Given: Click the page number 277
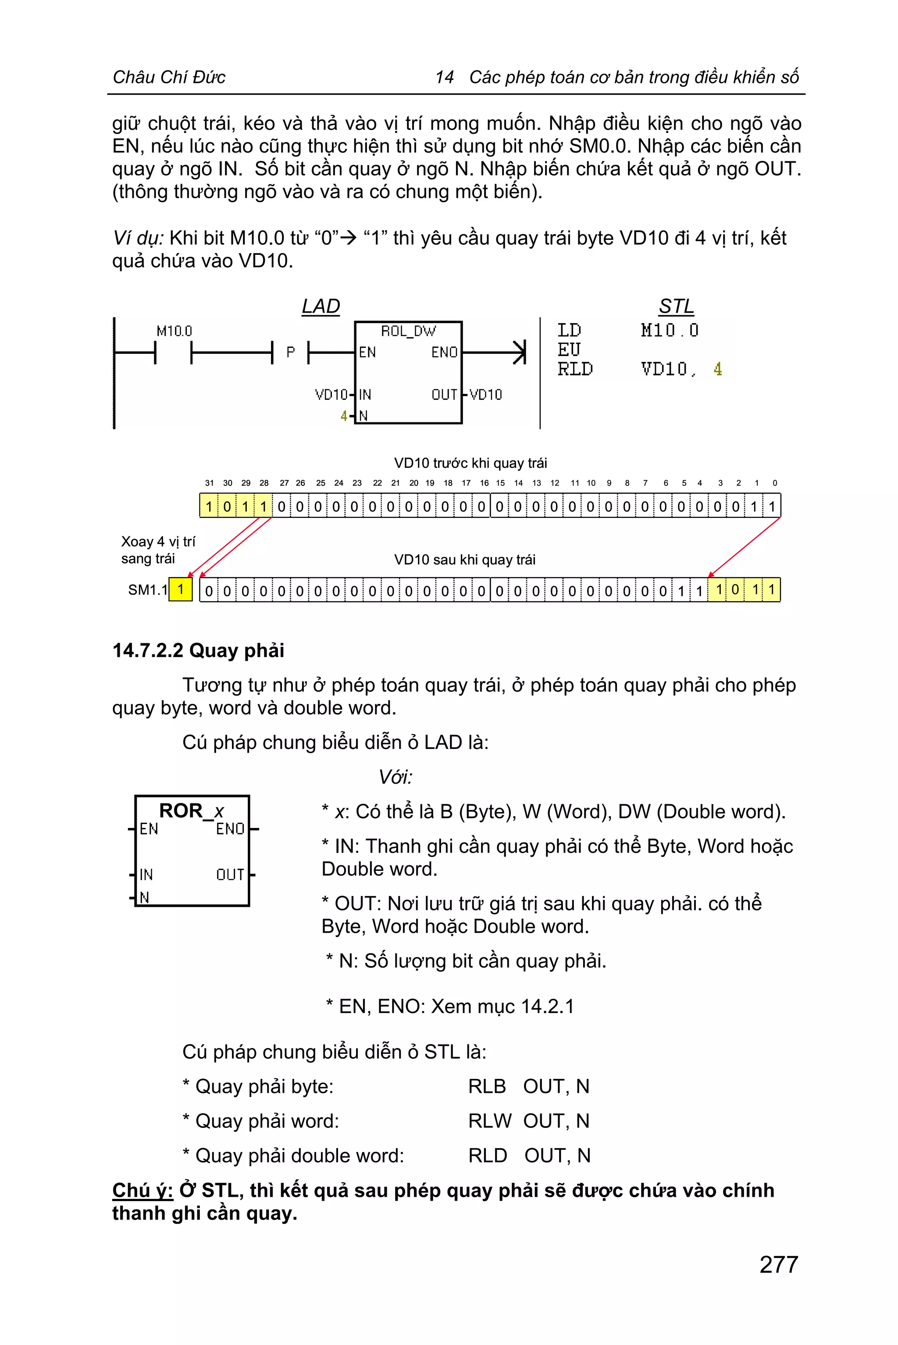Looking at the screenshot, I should (778, 1264).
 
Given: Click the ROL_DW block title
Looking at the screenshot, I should (408, 331).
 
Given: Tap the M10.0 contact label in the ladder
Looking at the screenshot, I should (174, 331).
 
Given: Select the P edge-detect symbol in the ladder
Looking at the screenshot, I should (290, 352).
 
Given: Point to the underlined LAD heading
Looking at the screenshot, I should (321, 307).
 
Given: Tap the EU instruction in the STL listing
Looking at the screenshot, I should (569, 350).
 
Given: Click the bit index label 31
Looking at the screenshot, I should (209, 483).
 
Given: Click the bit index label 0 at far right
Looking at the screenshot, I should (774, 483).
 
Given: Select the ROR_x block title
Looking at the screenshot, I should (191, 810).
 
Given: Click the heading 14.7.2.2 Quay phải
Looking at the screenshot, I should (198, 651).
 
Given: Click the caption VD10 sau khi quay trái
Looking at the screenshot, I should (464, 560).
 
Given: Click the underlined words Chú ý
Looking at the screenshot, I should (143, 1190).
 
